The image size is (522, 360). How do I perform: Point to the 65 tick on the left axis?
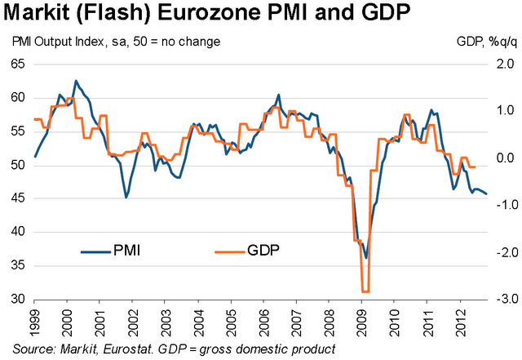[x=17, y=64]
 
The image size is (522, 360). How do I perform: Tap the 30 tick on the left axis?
[x=17, y=299]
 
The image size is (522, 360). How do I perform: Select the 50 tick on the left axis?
[x=17, y=165]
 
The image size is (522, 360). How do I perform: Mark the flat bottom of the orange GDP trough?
[x=365, y=291]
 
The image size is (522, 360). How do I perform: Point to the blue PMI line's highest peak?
[x=76, y=81]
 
